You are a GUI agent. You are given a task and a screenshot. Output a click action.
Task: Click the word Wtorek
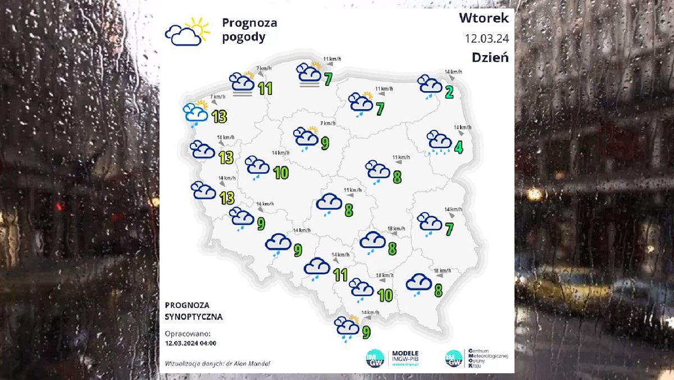pyautogui.click(x=484, y=18)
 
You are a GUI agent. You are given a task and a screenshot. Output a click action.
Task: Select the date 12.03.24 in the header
pyautogui.click(x=486, y=38)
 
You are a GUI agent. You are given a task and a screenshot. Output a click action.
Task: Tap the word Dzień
pyautogui.click(x=490, y=57)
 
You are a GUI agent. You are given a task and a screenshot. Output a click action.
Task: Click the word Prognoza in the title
pyautogui.click(x=249, y=23)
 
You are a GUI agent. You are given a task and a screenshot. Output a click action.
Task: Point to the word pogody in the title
pyautogui.click(x=243, y=38)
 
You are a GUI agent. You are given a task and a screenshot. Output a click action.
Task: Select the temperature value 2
pyautogui.click(x=449, y=93)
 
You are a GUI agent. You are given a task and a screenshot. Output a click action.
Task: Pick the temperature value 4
pyautogui.click(x=458, y=148)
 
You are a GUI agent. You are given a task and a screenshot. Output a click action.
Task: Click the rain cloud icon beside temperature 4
pyautogui.click(x=439, y=142)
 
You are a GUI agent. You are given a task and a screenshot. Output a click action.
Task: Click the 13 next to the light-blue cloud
pyautogui.click(x=219, y=117)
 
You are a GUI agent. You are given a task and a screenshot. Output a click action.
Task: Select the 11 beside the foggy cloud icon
pyautogui.click(x=265, y=88)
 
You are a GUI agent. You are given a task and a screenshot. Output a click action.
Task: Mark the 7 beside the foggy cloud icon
pyautogui.click(x=327, y=79)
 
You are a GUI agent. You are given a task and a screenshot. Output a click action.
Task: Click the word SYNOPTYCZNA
pyautogui.click(x=194, y=316)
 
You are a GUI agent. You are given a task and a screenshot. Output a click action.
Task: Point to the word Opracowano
pyautogui.click(x=188, y=333)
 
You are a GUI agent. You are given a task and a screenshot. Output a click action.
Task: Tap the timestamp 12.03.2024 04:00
pyautogui.click(x=191, y=342)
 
